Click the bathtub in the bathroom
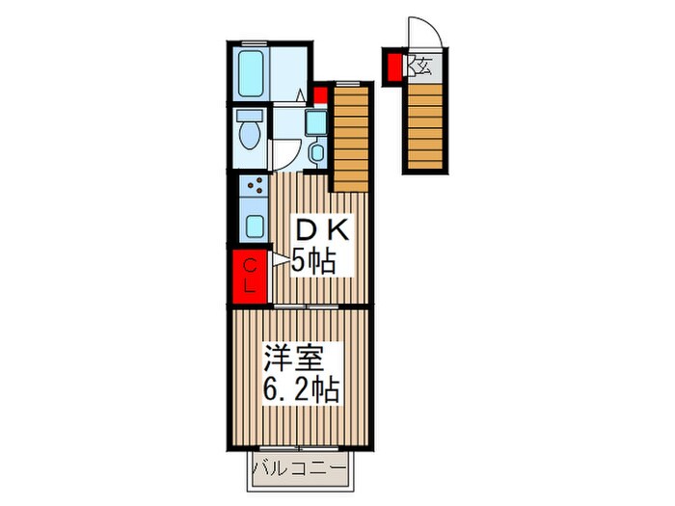(x=251, y=73)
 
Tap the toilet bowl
(x=250, y=134)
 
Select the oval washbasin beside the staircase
(x=317, y=152)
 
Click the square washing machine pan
(x=316, y=121)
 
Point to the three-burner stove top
(x=254, y=185)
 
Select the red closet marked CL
(x=250, y=277)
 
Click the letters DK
(x=321, y=232)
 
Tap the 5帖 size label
(x=313, y=261)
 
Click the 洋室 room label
(x=294, y=358)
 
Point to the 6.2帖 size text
(x=301, y=389)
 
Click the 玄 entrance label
(x=422, y=66)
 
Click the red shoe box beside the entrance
(x=393, y=67)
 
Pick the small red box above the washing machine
(x=320, y=95)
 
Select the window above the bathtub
(x=254, y=42)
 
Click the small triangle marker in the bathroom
(x=301, y=95)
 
